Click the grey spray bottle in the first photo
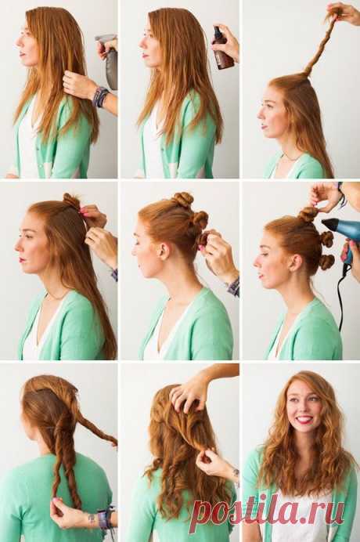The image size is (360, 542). (110, 62)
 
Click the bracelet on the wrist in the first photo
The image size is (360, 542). (100, 96)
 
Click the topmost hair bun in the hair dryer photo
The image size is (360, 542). (308, 214)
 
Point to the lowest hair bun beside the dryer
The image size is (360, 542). (326, 262)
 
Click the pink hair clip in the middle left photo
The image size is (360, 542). (83, 210)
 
